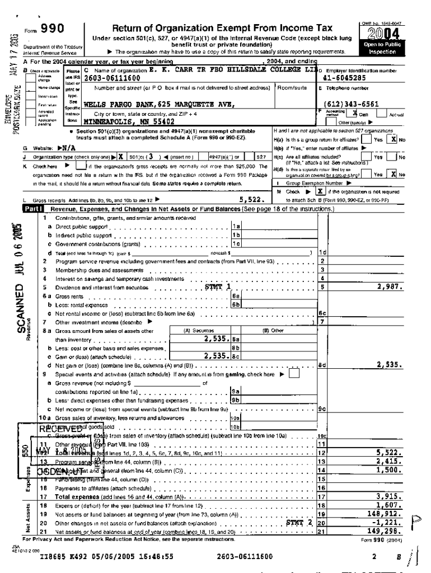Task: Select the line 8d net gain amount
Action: pos(390,364)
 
